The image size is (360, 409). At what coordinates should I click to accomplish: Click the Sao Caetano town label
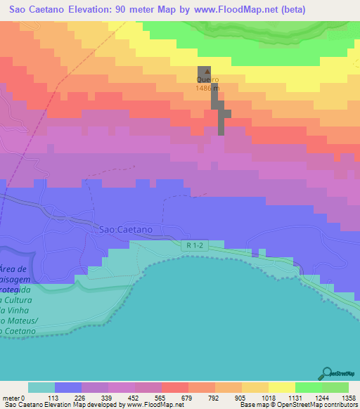(126, 229)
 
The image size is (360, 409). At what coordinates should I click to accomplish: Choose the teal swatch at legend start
(41, 387)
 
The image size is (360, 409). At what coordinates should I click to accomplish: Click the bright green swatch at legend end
(335, 387)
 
